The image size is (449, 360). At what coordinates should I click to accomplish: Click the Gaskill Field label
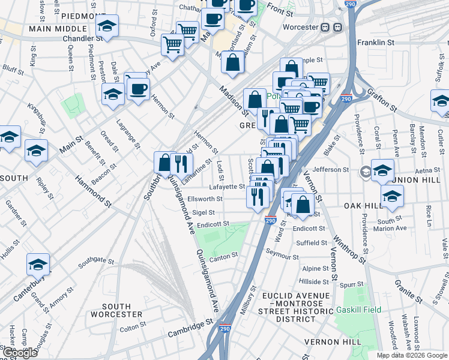358,310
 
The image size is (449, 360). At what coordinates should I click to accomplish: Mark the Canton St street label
219,258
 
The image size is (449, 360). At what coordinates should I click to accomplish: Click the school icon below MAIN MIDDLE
107,26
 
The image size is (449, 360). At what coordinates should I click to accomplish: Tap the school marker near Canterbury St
38,264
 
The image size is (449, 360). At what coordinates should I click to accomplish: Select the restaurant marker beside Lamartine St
181,163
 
